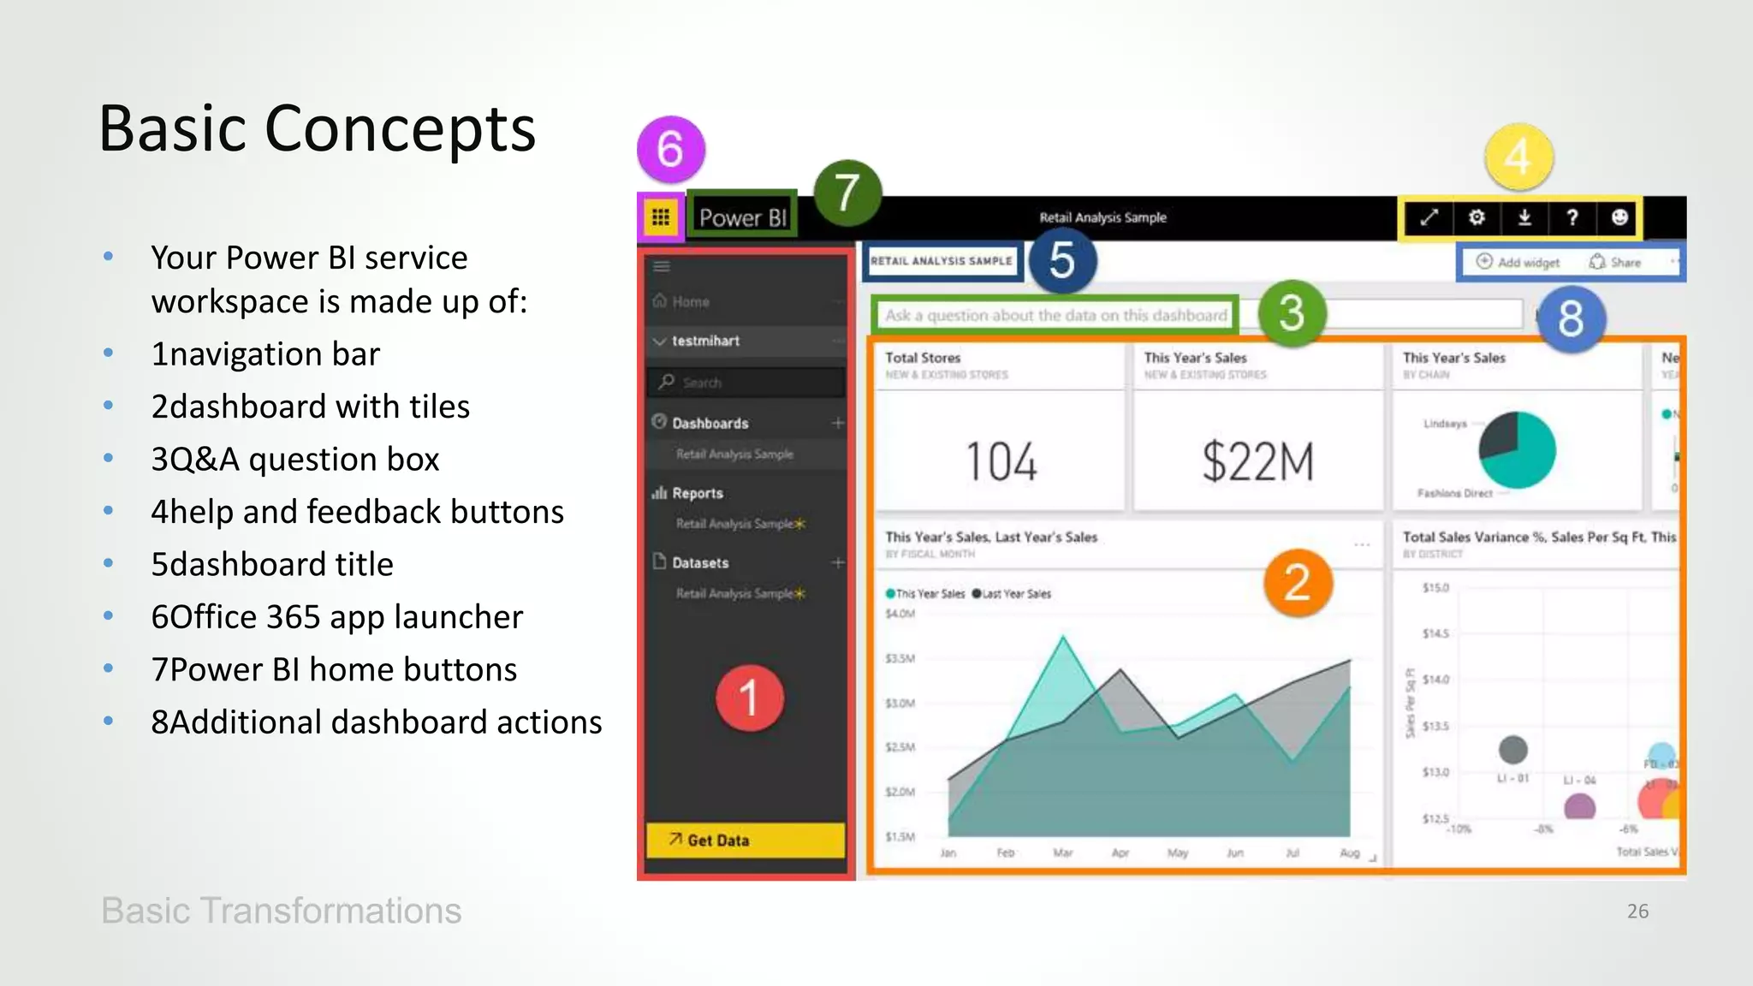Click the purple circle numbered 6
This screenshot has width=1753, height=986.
click(x=671, y=150)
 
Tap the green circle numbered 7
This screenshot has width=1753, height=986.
click(x=847, y=193)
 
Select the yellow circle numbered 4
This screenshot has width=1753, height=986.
click(x=1518, y=157)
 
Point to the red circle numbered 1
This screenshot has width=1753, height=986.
click(x=750, y=698)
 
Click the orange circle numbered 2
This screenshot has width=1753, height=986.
click(x=1298, y=583)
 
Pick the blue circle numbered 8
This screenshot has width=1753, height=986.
click(x=1571, y=318)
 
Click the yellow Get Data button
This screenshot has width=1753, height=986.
click(x=745, y=840)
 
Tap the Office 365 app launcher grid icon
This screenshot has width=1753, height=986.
click(x=661, y=217)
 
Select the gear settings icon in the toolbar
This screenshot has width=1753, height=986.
click(x=1477, y=217)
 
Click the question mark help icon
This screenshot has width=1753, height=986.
click(x=1572, y=217)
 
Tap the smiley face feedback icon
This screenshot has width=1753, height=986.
click(x=1619, y=217)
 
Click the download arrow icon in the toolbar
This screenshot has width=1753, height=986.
click(x=1524, y=217)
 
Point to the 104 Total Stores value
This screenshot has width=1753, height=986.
click(x=1001, y=461)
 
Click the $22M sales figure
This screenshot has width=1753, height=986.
click(x=1257, y=461)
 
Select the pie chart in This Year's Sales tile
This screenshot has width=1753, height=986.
click(x=1518, y=449)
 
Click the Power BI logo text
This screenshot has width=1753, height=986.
click(x=742, y=217)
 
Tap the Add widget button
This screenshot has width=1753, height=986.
click(x=1519, y=262)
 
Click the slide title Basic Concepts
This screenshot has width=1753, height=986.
click(x=318, y=128)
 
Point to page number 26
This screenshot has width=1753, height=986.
click(x=1637, y=911)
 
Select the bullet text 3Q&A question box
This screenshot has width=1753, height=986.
click(x=295, y=460)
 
